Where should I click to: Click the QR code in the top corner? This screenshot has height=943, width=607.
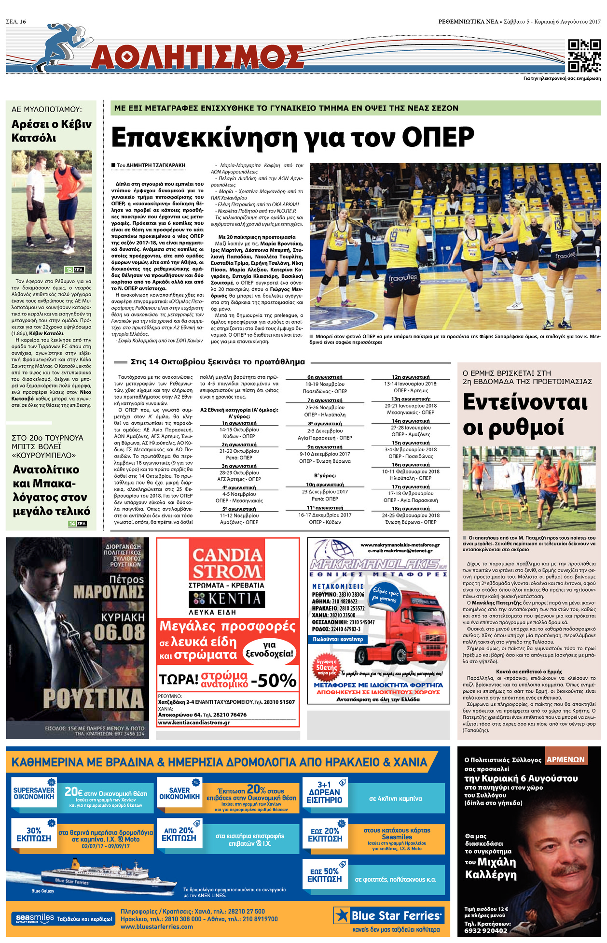tap(584, 56)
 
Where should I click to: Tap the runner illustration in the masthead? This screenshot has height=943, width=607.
tap(60, 46)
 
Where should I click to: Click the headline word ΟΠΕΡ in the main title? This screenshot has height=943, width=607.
tap(438, 138)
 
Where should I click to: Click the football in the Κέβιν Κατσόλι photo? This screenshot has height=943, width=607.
tap(43, 267)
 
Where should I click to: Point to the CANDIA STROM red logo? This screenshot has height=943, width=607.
tap(227, 563)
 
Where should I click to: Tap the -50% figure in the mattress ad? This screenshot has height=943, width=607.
tap(274, 680)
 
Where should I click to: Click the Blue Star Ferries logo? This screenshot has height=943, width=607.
tap(389, 915)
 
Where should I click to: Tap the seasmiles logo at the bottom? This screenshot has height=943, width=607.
tap(35, 918)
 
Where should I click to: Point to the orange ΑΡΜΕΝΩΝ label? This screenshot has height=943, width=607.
tap(566, 759)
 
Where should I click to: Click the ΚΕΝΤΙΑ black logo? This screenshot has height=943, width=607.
tap(227, 599)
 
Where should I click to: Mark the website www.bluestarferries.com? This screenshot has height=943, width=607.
tap(157, 927)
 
